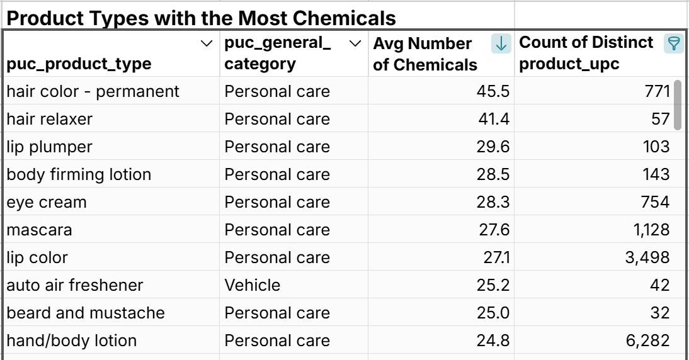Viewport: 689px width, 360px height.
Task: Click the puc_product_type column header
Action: (x=79, y=64)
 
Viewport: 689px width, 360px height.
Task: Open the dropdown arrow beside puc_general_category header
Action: (x=355, y=43)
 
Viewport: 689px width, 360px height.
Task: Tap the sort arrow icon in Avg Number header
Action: (x=501, y=43)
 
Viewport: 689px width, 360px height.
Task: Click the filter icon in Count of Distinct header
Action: (x=673, y=43)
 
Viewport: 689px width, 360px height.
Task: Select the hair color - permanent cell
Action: (x=93, y=91)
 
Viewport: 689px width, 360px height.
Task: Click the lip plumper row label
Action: (x=49, y=147)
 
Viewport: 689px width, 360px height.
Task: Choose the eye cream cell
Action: (x=47, y=202)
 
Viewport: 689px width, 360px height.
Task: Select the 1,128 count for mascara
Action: (x=652, y=230)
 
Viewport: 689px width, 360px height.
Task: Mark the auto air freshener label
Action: (x=75, y=285)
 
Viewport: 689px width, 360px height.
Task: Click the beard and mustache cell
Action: (x=86, y=313)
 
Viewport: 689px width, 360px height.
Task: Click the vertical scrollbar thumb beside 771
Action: (x=678, y=104)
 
